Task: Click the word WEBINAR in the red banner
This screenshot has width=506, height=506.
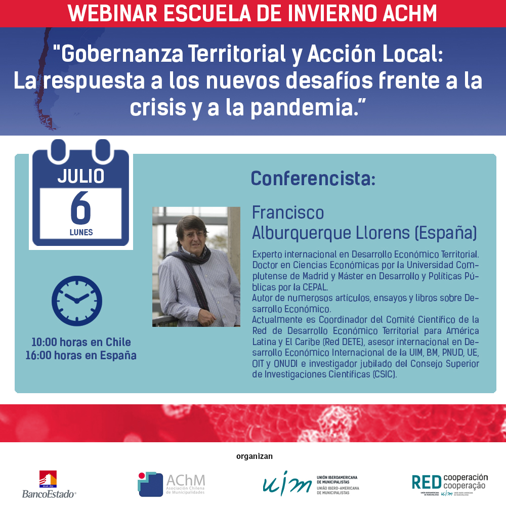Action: coord(112,13)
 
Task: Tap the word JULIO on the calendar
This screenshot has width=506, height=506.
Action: coord(81,176)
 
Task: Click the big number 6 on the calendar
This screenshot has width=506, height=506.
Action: coord(80,207)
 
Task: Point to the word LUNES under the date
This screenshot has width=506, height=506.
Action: coord(81,232)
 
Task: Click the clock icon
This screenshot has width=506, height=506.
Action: coord(77,301)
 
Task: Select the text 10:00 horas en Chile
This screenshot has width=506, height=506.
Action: coord(81,342)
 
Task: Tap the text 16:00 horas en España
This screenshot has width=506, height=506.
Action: coord(81,355)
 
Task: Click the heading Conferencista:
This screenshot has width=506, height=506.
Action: coord(313,179)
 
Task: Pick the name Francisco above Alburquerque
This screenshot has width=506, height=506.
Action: coord(288,213)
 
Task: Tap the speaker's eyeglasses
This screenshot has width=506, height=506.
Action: coord(194,235)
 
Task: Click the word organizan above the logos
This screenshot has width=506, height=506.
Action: coord(255,456)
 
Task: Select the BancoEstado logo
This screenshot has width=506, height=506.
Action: coord(49,484)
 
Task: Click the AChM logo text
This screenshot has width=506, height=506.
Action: coord(186,481)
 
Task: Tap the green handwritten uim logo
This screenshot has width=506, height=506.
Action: coord(287,483)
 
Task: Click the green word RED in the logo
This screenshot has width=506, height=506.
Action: coord(427,483)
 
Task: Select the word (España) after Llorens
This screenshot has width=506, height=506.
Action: coord(446,233)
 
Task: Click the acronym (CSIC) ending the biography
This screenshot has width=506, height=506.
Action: coord(385,374)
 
